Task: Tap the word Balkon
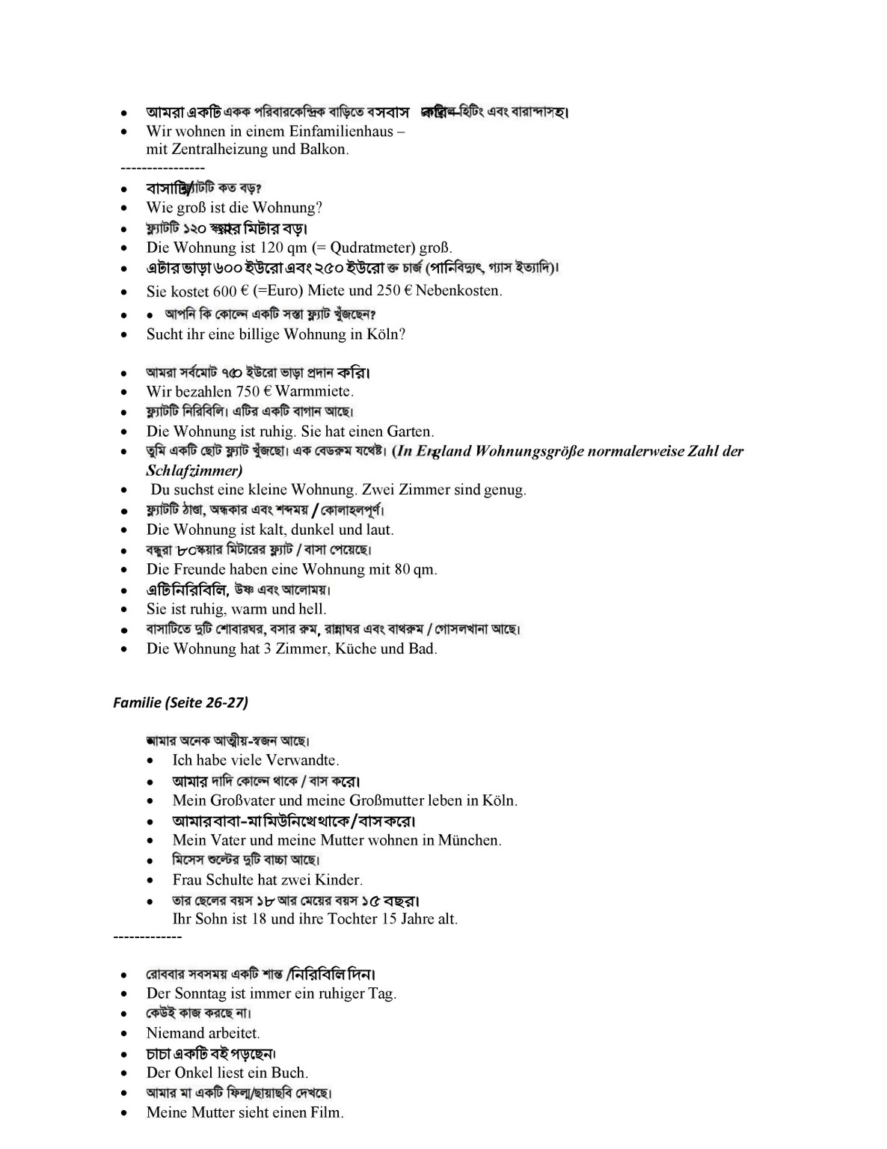[x=323, y=149]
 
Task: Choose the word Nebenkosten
[x=458, y=290]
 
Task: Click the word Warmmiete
[x=313, y=391]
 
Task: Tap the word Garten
[x=409, y=432]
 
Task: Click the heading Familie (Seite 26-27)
[x=180, y=702]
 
